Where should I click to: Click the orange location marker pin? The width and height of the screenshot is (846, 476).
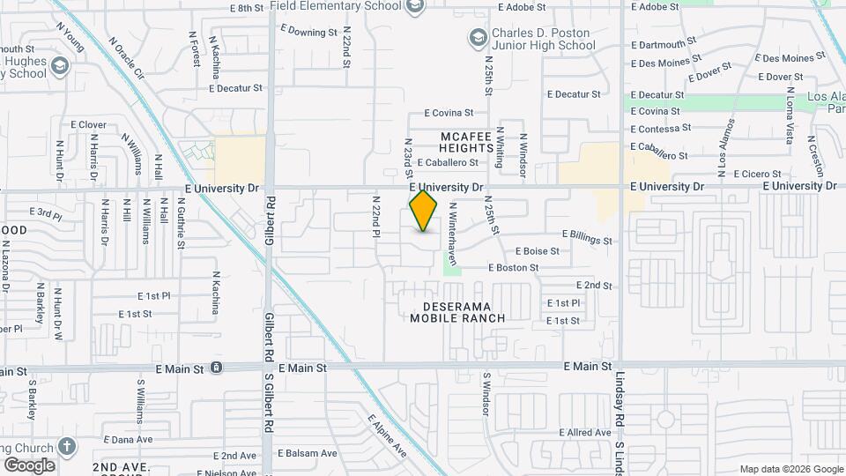pyautogui.click(x=424, y=211)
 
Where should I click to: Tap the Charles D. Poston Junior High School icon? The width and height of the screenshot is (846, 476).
pyautogui.click(x=478, y=37)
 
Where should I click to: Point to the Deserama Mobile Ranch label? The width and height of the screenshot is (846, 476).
pyautogui.click(x=457, y=311)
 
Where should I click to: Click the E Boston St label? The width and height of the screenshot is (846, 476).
pyautogui.click(x=514, y=268)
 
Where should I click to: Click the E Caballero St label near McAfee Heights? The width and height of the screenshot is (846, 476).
pyautogui.click(x=448, y=163)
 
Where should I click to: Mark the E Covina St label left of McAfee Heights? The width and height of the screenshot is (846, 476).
pyautogui.click(x=449, y=113)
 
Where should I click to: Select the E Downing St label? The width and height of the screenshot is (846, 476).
pyautogui.click(x=309, y=31)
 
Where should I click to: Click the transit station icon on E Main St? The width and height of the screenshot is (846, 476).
pyautogui.click(x=216, y=367)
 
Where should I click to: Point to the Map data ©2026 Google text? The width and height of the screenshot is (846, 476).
pyautogui.click(x=790, y=469)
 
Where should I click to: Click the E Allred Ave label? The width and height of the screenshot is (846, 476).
pyautogui.click(x=585, y=433)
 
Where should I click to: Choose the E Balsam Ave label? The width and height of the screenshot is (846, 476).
pyautogui.click(x=308, y=453)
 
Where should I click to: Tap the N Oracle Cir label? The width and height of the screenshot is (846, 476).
pyautogui.click(x=124, y=56)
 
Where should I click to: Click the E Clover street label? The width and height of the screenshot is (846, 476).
pyautogui.click(x=87, y=125)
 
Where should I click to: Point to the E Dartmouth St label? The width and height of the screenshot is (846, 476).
pyautogui.click(x=664, y=42)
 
